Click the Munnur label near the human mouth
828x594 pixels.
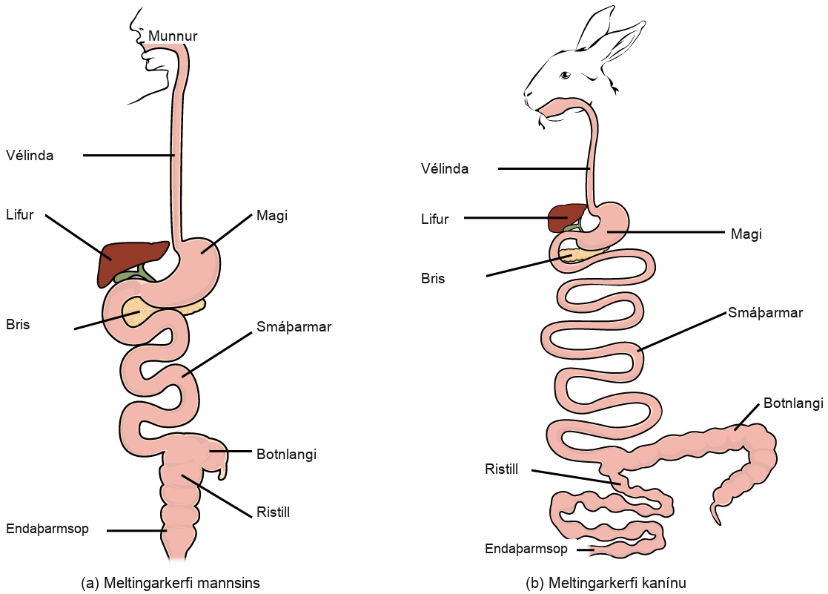tap(173, 36)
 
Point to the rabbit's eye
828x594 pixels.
tap(566, 74)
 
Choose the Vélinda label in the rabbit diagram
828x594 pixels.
tap(445, 168)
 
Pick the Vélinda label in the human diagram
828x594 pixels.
tap(30, 156)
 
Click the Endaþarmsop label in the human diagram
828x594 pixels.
tap(47, 529)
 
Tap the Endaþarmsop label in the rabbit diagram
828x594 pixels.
tap(526, 549)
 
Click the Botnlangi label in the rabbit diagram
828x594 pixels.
tap(793, 403)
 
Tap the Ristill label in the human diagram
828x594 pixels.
tap(273, 512)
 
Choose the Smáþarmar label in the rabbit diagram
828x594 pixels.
tap(765, 313)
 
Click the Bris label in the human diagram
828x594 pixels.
tap(18, 325)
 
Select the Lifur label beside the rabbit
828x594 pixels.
tap(434, 219)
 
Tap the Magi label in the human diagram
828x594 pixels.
tap(272, 216)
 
